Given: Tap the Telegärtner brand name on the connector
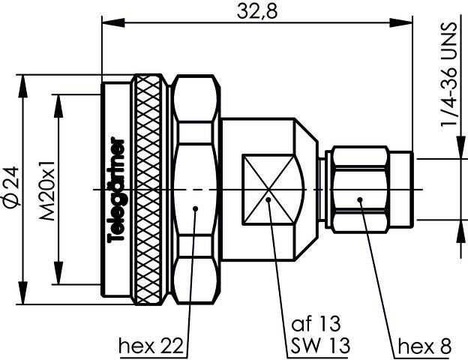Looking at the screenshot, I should coord(116,189).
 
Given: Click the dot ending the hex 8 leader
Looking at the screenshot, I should coord(360,199).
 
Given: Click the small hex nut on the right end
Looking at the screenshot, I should coord(362,189).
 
